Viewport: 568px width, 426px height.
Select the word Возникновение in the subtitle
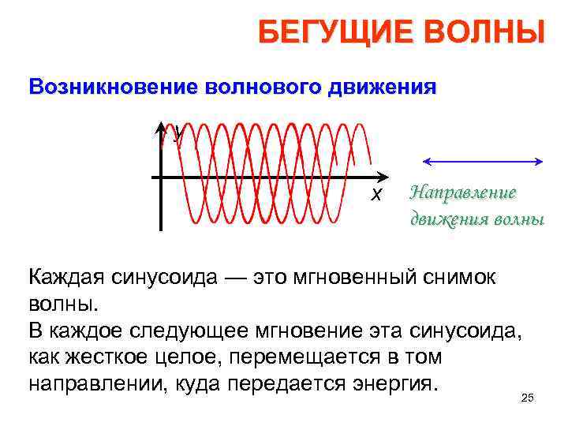pyautogui.click(x=112, y=86)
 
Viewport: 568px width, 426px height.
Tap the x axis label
pyautogui.click(x=377, y=194)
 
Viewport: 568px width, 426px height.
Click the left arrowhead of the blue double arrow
pyautogui.click(x=427, y=162)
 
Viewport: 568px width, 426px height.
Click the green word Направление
pyautogui.click(x=463, y=192)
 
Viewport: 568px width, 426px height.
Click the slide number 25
pyautogui.click(x=528, y=398)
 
